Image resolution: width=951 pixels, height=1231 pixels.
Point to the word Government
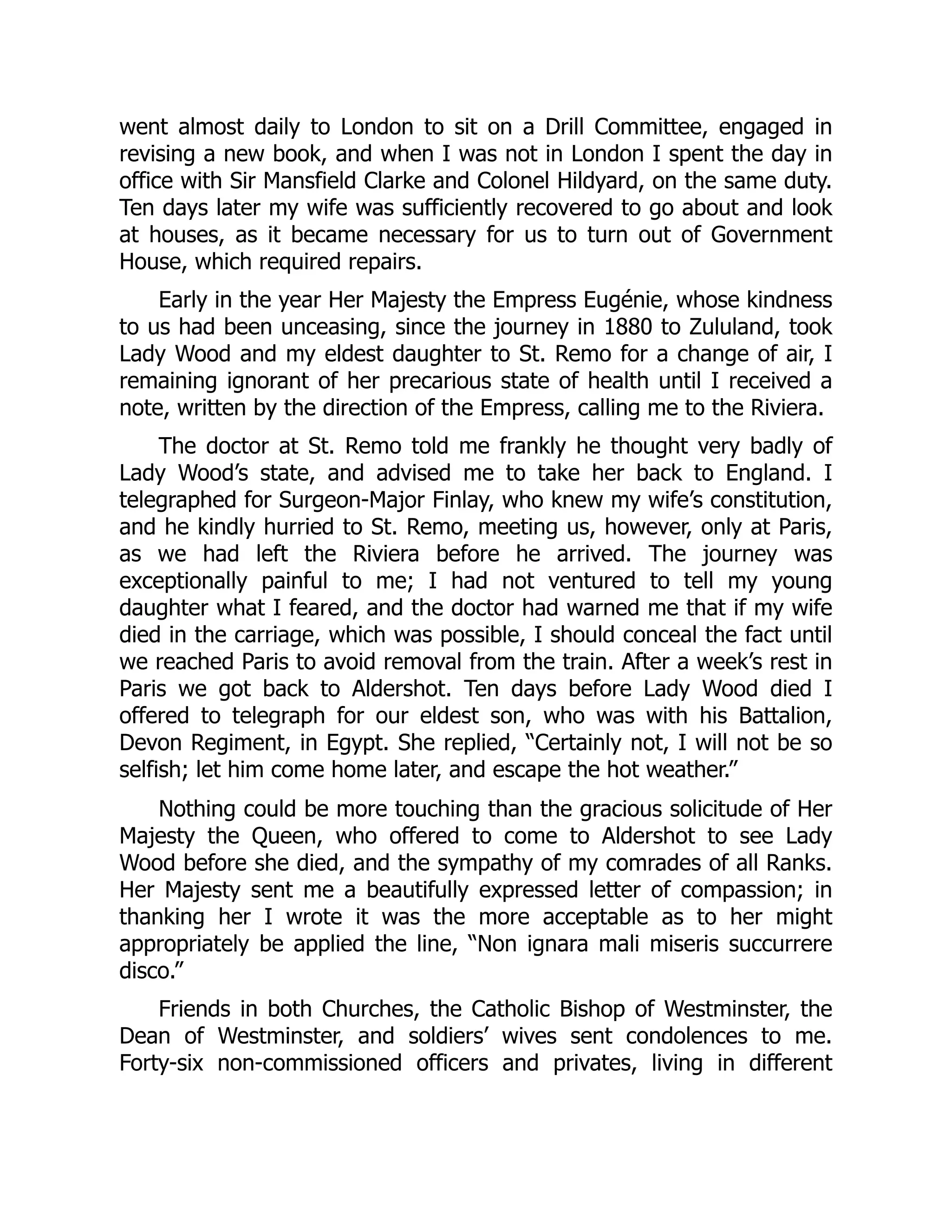click(x=771, y=235)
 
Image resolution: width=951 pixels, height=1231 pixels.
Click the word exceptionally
click(x=183, y=581)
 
